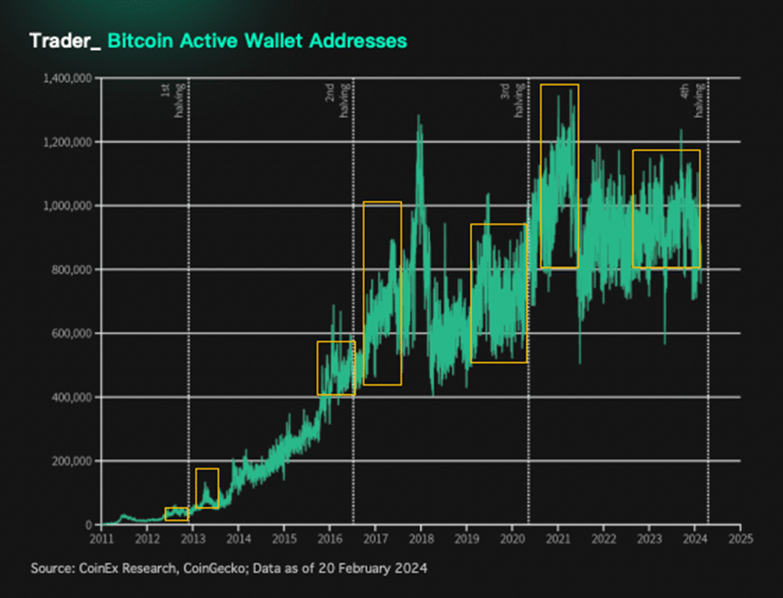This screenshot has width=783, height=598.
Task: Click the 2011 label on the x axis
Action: [x=101, y=540]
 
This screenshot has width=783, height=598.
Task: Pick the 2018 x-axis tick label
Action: [x=421, y=540]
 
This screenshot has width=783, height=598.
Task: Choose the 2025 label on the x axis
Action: [x=740, y=540]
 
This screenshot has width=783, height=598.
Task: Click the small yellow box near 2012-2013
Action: [x=177, y=514]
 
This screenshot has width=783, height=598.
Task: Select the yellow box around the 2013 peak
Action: [x=206, y=488]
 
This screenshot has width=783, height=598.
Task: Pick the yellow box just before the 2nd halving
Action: [x=336, y=368]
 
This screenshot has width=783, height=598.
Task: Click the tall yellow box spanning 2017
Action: [x=382, y=293]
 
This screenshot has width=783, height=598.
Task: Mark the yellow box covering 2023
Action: [x=666, y=209]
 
